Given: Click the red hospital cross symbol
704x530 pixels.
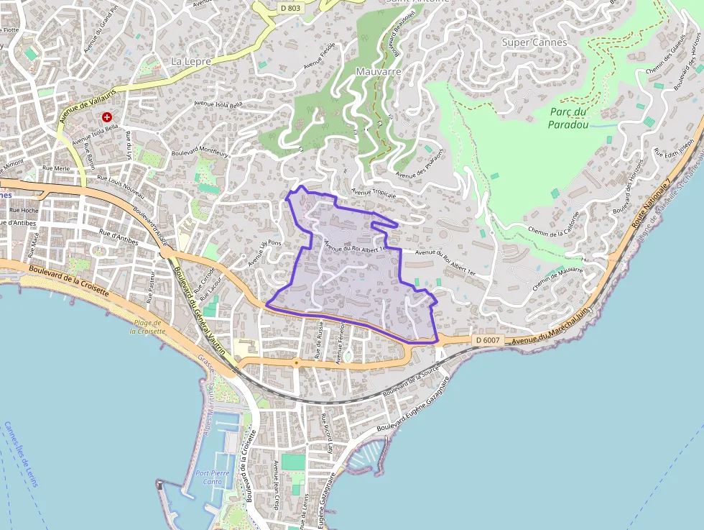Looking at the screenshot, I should (107, 116).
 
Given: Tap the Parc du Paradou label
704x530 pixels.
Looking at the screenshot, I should (568, 118).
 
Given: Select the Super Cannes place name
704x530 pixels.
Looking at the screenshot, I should (534, 42).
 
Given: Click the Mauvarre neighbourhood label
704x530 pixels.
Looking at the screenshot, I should (379, 72).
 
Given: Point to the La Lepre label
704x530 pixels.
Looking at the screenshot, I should (191, 62).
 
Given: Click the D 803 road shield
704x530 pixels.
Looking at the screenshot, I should (290, 7).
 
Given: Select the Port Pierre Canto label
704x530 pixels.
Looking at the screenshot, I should (213, 477).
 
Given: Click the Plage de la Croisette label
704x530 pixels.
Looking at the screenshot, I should (148, 327).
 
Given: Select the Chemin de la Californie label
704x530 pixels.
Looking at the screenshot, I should (553, 223).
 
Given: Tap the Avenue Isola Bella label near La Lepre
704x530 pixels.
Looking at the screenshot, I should (220, 104).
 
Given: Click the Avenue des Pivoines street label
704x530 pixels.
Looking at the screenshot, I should (420, 163).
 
